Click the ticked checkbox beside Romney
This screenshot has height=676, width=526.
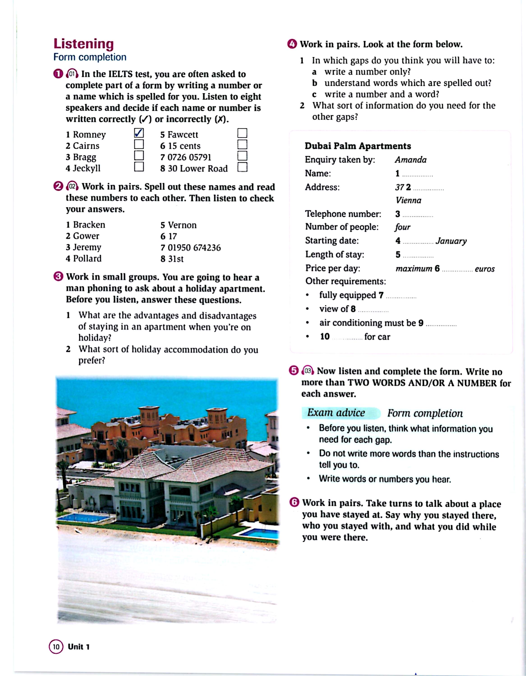[139, 133]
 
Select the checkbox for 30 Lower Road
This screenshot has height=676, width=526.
[242, 167]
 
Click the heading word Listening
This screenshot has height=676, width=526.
[84, 44]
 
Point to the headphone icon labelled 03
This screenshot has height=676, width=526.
[307, 371]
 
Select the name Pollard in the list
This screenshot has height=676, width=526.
[87, 258]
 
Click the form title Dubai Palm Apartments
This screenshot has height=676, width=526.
[358, 146]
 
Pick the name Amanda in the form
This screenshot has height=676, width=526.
[411, 160]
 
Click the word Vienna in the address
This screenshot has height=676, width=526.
[408, 200]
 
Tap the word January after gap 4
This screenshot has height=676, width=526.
[451, 241]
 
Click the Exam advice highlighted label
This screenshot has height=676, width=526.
[336, 413]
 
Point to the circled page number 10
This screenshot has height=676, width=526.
[56, 647]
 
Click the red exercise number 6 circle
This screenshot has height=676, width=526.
[294, 502]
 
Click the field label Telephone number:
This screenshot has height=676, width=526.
[343, 214]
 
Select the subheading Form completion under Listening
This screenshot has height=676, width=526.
[90, 57]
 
